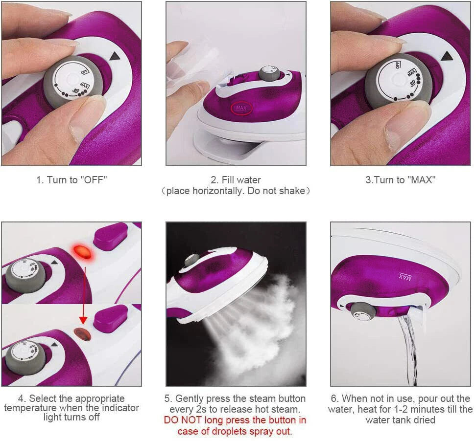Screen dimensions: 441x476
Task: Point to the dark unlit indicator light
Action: click(82, 334)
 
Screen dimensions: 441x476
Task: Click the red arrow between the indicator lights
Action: click(83, 293)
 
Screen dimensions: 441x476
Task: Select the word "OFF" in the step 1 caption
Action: click(95, 180)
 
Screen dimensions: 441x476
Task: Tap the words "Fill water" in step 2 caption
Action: click(236, 180)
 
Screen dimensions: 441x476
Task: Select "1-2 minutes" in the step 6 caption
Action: click(426, 409)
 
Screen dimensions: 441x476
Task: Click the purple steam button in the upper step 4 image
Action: click(111, 236)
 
